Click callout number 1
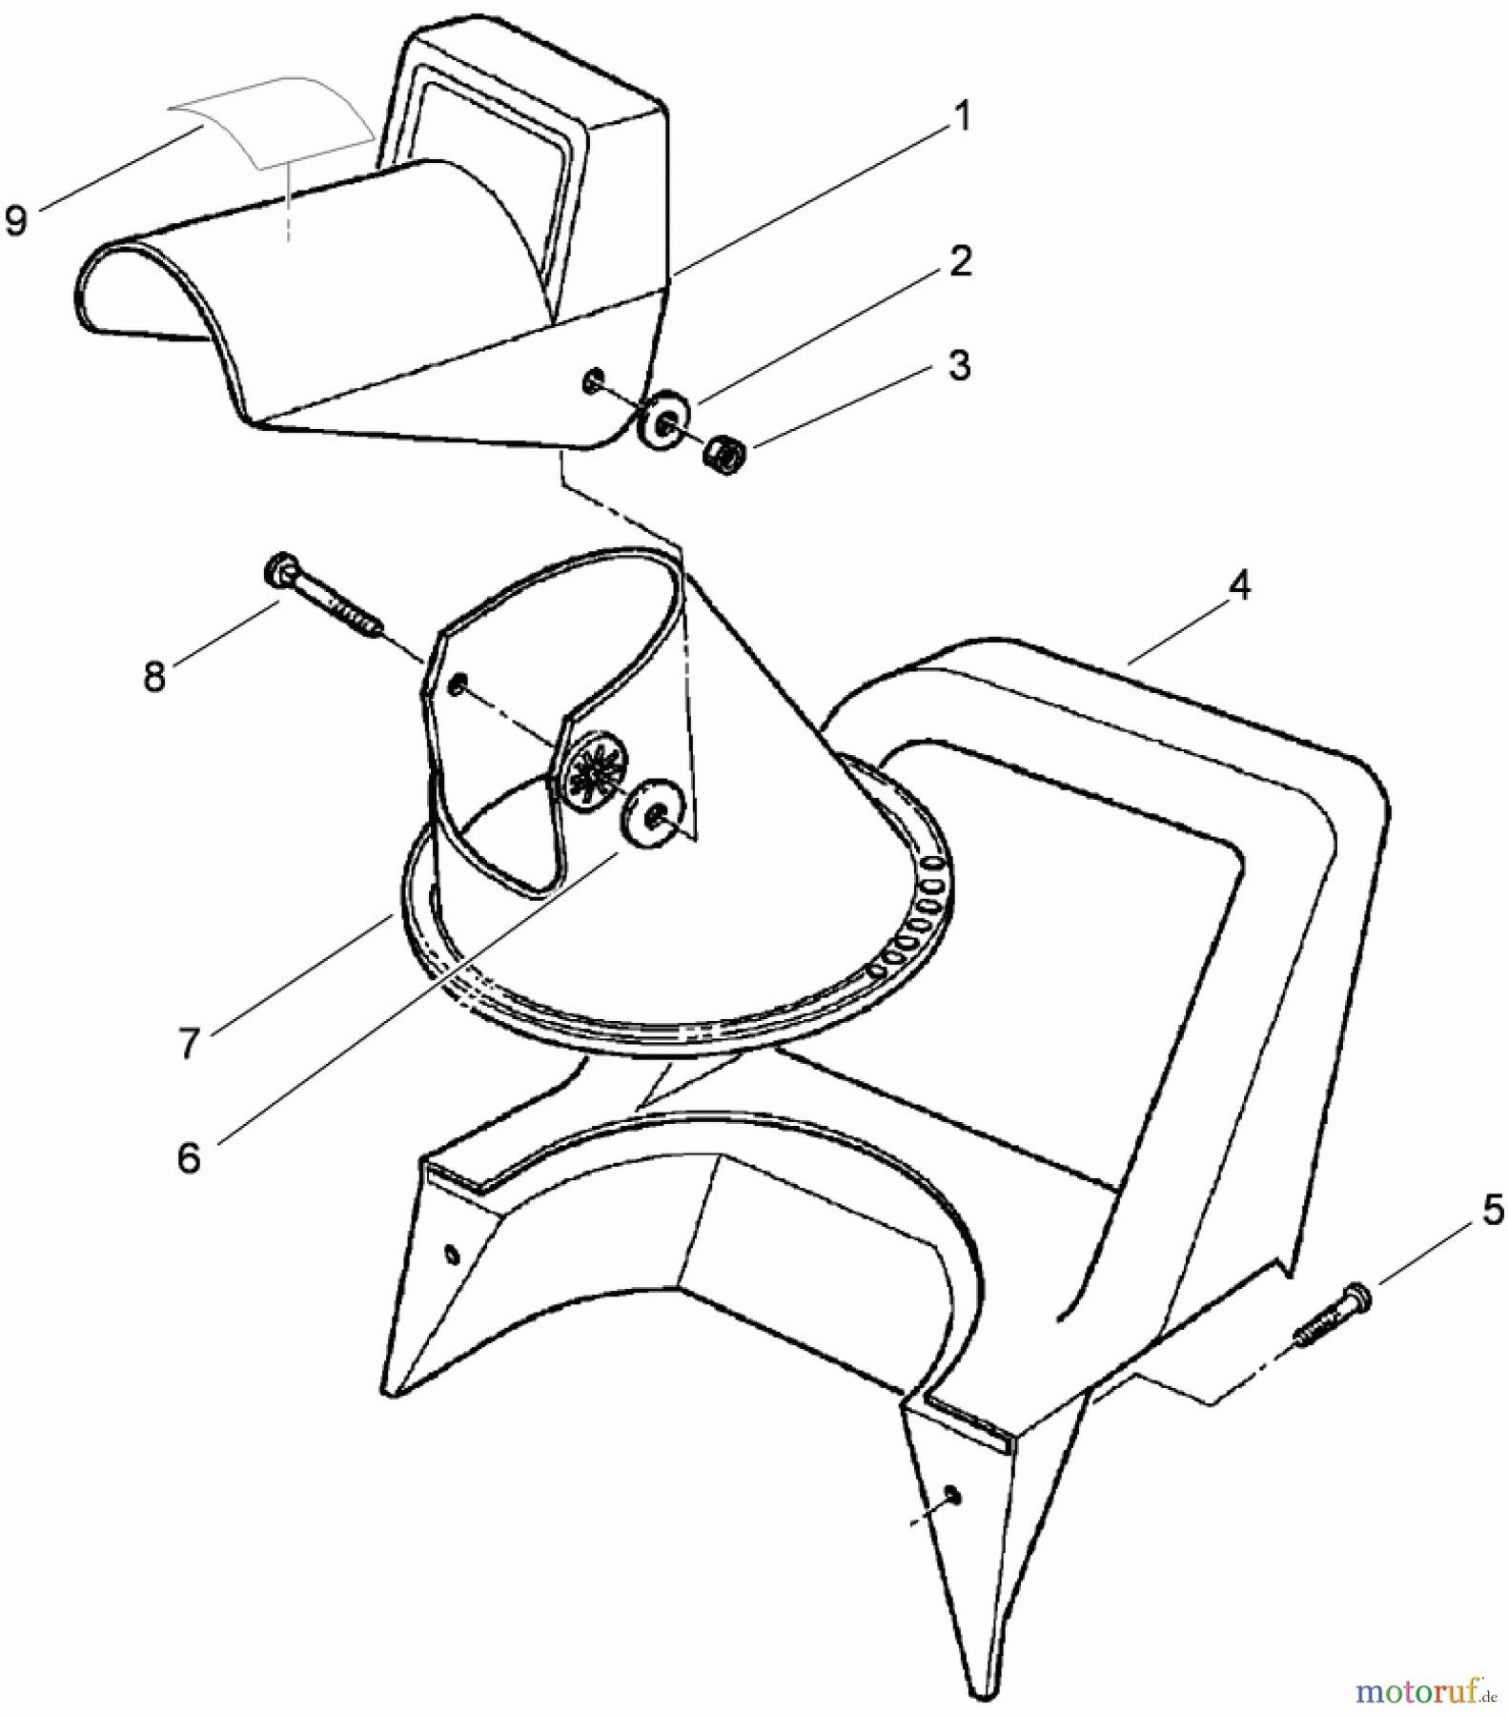coord(963,116)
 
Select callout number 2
coord(961,261)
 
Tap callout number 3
coord(960,365)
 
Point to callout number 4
coord(1238,585)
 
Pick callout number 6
coord(189,1157)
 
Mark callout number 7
coord(189,1043)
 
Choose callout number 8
coord(154,677)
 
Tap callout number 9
coord(16,221)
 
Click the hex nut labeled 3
coord(724,454)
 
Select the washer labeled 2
coord(661,419)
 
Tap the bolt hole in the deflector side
coord(592,382)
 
